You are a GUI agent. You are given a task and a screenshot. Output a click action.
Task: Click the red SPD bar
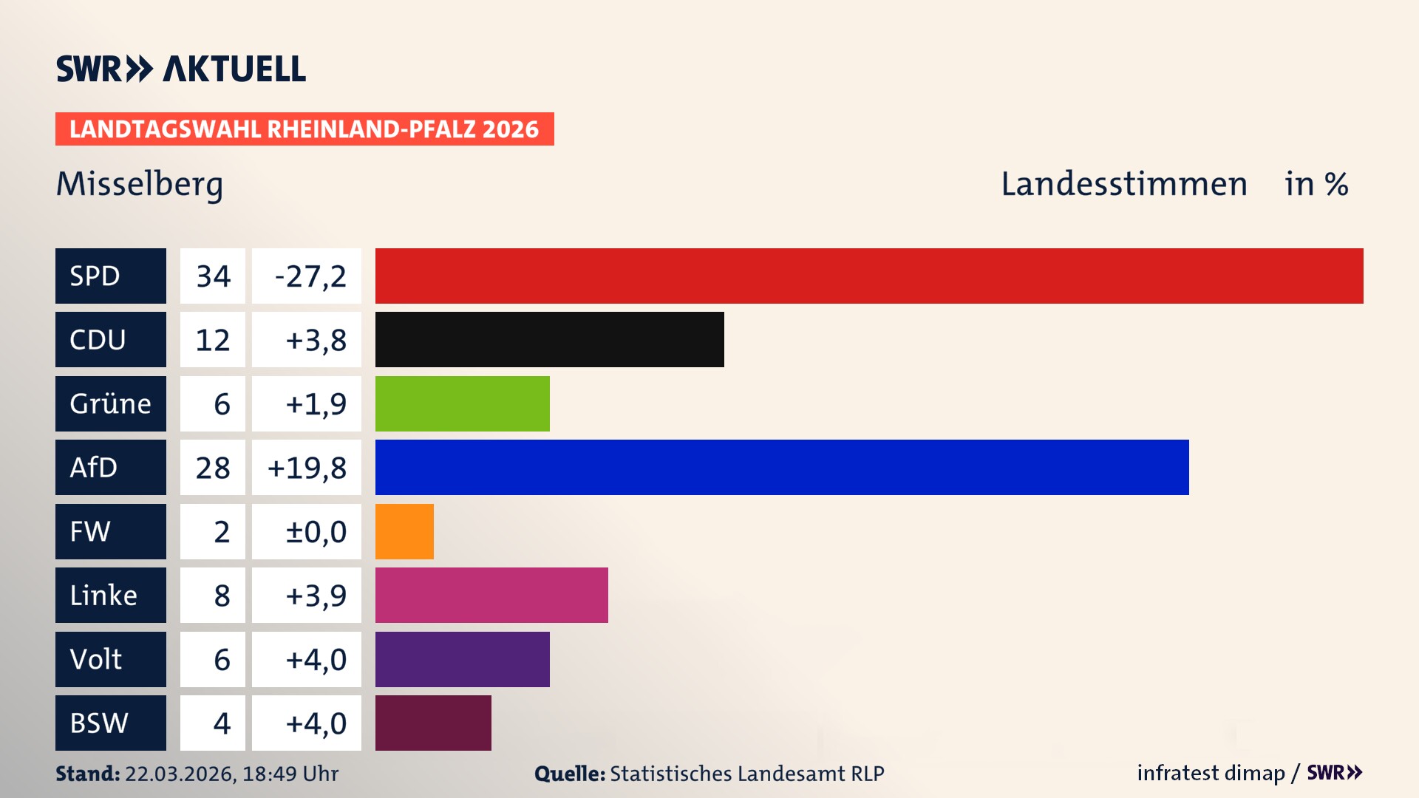869,276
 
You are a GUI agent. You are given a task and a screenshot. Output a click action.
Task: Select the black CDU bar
549,340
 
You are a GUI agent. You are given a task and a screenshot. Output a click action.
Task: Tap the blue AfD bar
782,468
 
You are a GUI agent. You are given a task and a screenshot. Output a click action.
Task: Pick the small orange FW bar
404,531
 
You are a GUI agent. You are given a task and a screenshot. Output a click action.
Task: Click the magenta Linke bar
491,596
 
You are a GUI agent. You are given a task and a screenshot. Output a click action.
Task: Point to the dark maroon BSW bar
433,723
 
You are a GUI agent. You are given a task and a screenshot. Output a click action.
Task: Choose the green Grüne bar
462,403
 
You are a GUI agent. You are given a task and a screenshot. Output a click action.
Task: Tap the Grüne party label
110,403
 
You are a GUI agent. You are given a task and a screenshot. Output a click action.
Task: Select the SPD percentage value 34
213,276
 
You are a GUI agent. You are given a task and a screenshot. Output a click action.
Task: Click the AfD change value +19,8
307,468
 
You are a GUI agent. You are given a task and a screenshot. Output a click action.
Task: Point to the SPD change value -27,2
310,276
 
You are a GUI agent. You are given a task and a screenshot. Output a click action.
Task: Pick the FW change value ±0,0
316,532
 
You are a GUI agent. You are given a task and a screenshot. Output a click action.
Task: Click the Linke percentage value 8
221,596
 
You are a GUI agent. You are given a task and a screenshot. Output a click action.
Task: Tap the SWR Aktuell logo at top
180,69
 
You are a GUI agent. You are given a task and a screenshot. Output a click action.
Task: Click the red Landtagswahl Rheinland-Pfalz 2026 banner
304,129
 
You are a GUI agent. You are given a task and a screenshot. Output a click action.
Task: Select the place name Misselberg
139,184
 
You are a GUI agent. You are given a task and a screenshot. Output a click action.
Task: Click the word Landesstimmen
1123,184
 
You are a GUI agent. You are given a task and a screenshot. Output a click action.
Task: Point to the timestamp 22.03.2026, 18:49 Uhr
231,774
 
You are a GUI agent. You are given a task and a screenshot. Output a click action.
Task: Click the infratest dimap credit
1211,773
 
